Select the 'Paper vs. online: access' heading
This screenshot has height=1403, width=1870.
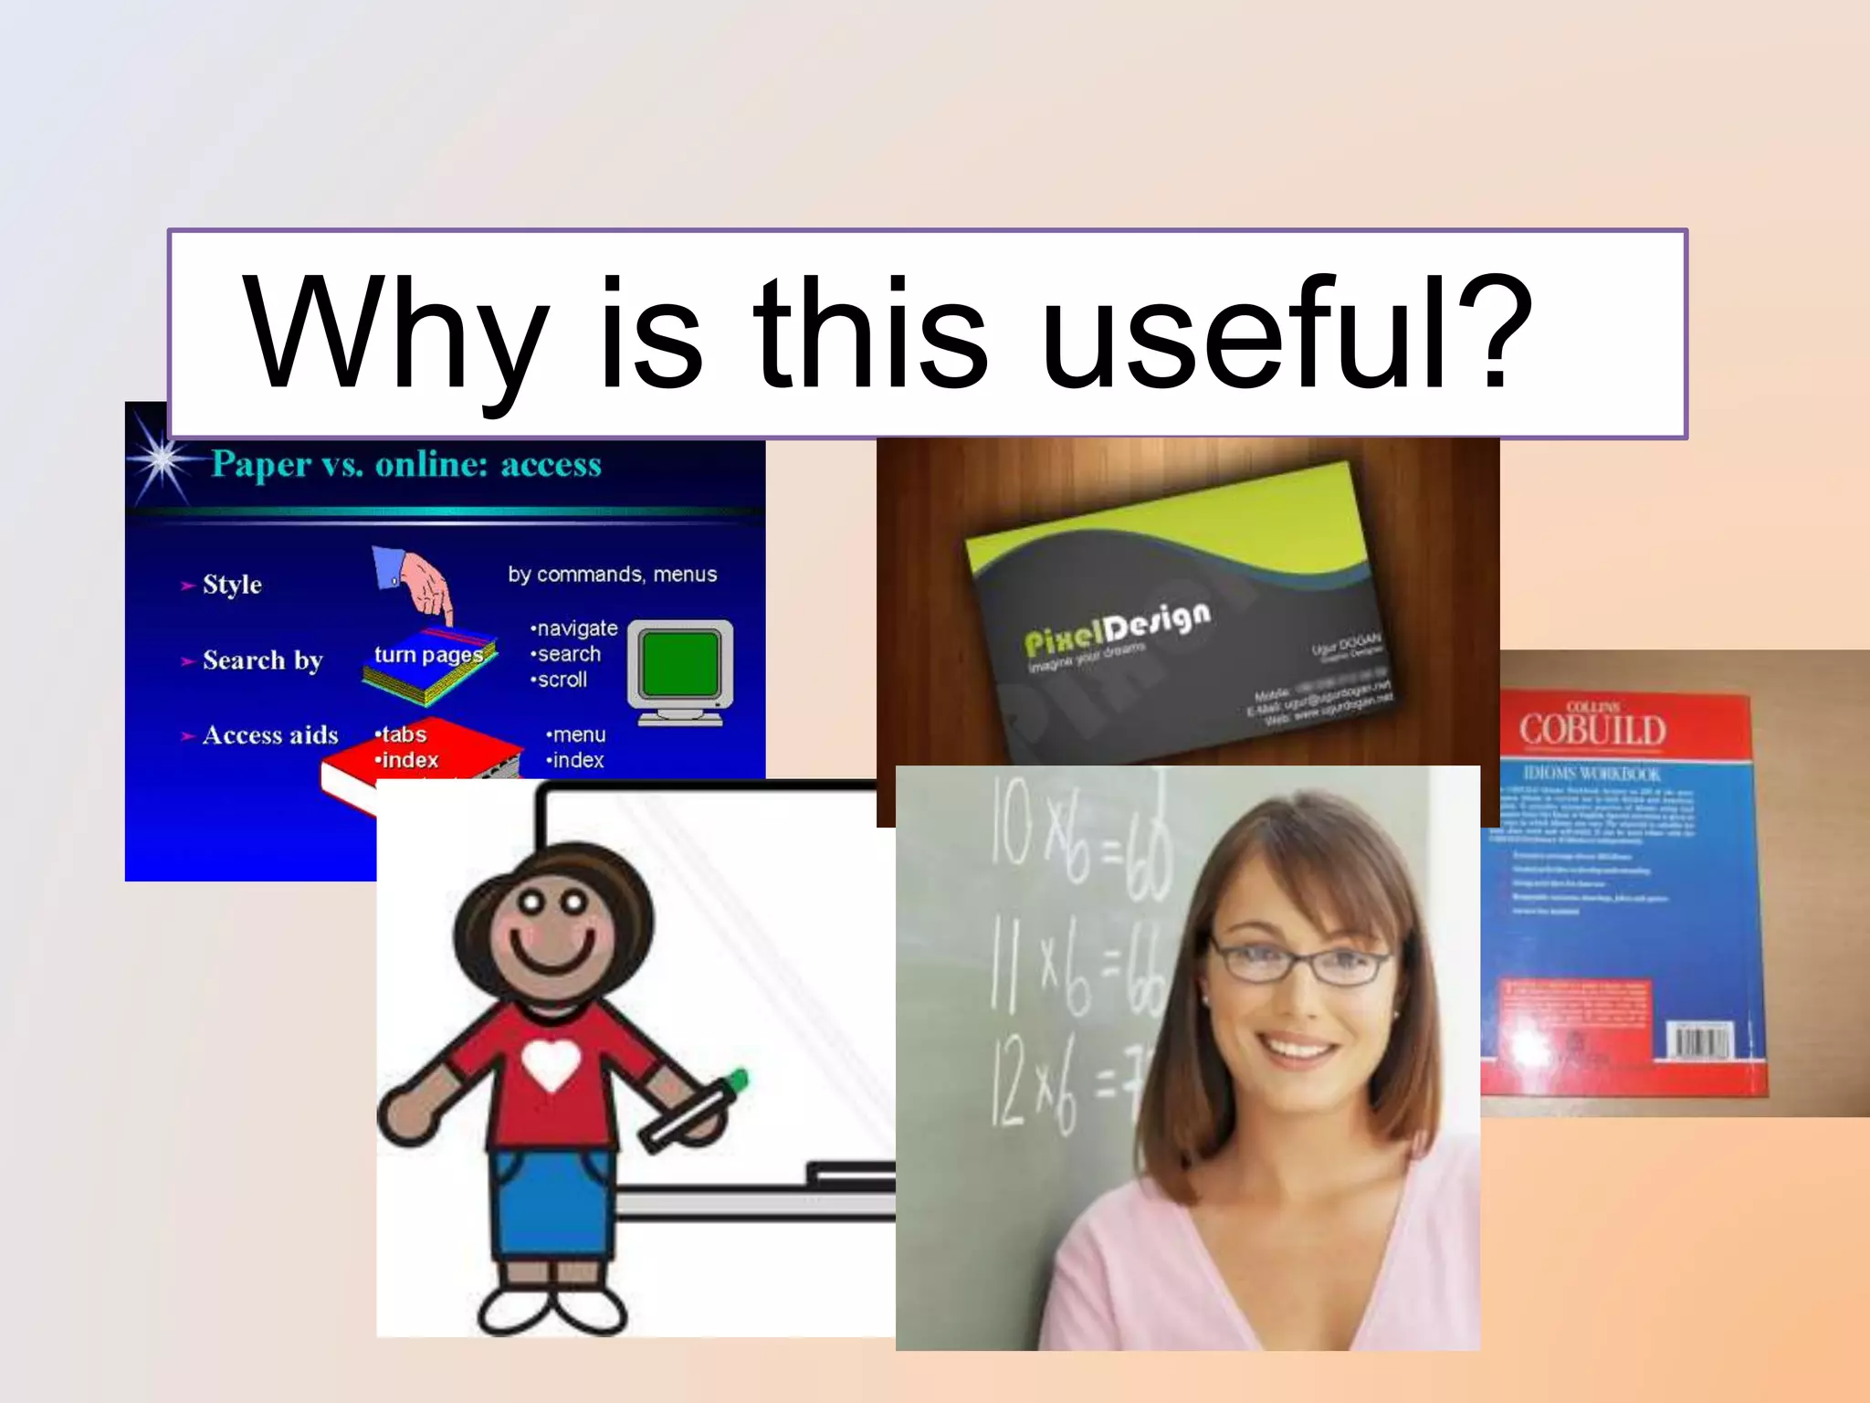[x=406, y=465]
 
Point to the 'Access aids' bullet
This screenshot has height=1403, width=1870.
[x=270, y=735]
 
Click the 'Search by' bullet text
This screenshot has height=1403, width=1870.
[x=263, y=660]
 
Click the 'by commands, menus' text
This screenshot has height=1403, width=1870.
[x=612, y=575]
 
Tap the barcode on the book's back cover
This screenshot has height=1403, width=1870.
[x=1699, y=1041]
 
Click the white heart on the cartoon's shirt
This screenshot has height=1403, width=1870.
[x=551, y=1064]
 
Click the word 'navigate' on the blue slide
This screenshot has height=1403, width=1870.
[x=576, y=628]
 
